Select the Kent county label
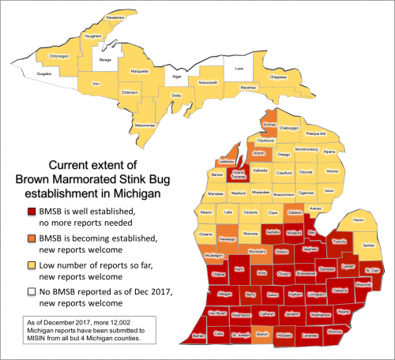click(x=239, y=270)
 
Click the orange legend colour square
click(x=29, y=237)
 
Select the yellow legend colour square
click(x=29, y=264)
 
